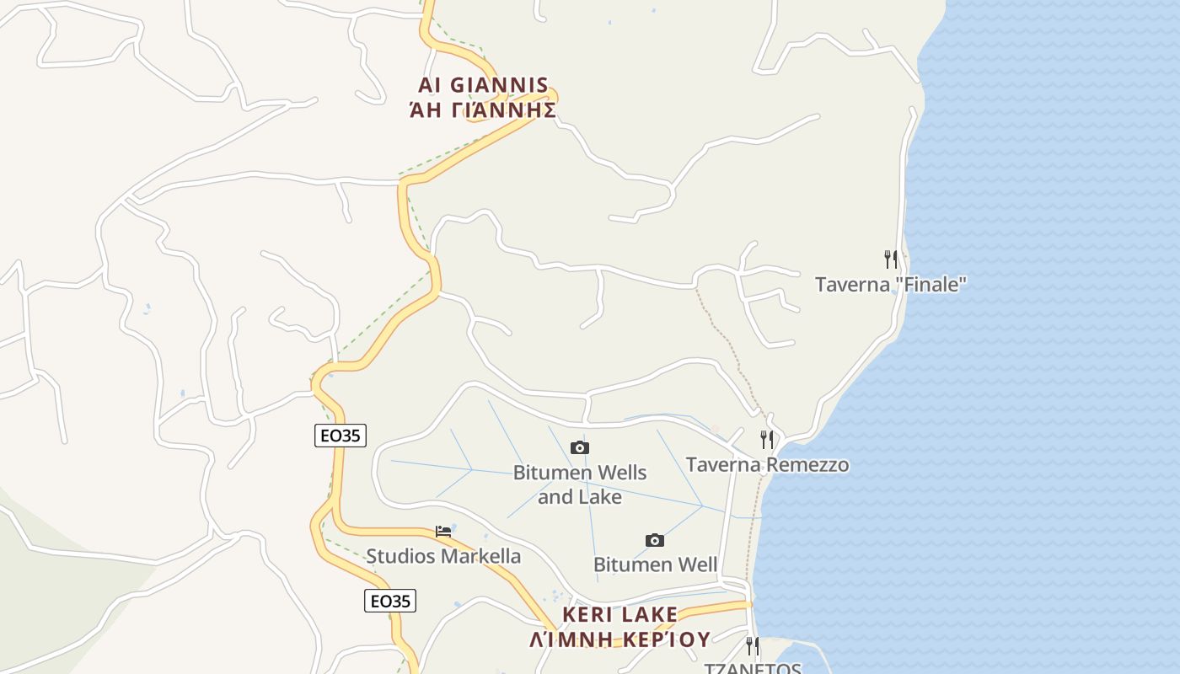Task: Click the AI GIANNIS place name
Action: tap(483, 85)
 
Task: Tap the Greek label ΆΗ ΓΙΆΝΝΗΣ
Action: tap(483, 110)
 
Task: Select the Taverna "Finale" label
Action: tap(890, 285)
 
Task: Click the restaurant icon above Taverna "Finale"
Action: tap(890, 259)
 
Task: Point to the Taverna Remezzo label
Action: tap(767, 465)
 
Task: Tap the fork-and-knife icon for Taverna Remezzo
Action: tap(767, 439)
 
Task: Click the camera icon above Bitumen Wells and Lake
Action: tap(580, 447)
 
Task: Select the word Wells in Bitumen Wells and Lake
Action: tap(617, 473)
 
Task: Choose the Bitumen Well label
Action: tap(655, 564)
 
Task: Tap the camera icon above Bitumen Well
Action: tap(655, 540)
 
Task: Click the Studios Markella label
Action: tap(443, 556)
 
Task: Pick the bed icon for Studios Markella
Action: tap(443, 532)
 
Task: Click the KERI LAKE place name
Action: tap(619, 614)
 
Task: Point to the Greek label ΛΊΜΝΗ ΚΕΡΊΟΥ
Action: tap(619, 639)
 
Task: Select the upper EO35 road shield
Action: tap(341, 436)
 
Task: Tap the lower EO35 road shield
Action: tap(391, 601)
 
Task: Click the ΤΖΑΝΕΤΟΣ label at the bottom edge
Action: tap(752, 668)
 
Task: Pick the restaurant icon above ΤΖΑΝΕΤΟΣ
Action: tap(752, 646)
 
